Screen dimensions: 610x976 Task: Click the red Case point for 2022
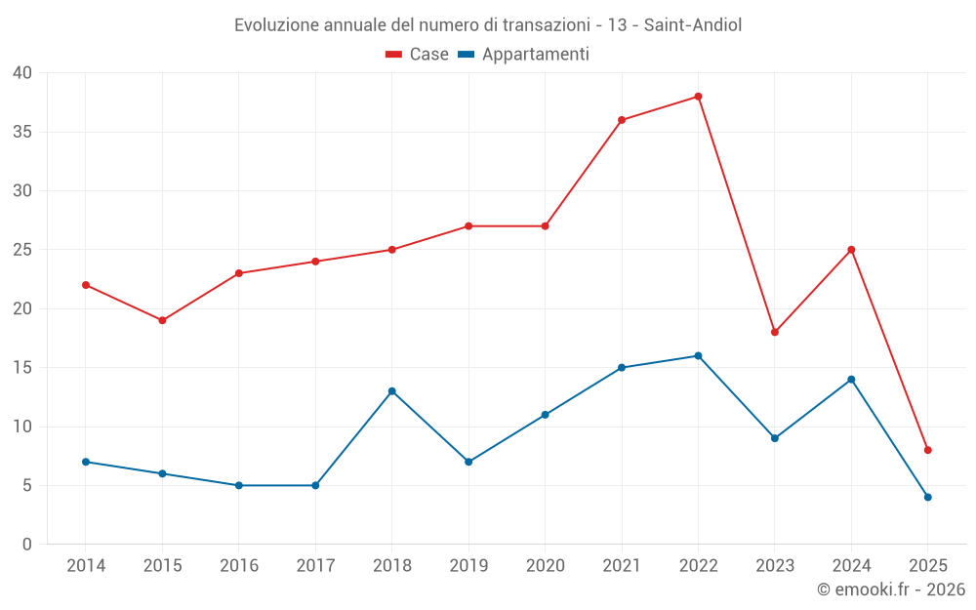click(698, 97)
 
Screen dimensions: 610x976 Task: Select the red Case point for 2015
click(162, 320)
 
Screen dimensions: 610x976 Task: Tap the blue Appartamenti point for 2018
click(391, 391)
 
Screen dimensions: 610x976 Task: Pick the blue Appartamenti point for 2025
click(927, 497)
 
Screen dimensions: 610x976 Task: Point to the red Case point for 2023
click(774, 332)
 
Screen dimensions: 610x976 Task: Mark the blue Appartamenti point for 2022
click(698, 356)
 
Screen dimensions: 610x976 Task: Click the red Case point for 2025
click(927, 450)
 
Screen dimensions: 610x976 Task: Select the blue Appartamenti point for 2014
click(86, 462)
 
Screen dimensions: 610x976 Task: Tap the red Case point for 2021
click(621, 120)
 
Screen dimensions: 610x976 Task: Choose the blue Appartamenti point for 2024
click(851, 380)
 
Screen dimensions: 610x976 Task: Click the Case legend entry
click(417, 55)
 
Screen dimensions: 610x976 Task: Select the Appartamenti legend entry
click(523, 55)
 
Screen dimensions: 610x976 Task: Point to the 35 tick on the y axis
click(22, 132)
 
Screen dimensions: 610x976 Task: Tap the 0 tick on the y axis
click(27, 545)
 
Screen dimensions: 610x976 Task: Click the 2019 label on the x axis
click(468, 566)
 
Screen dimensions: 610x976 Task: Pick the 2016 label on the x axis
click(239, 566)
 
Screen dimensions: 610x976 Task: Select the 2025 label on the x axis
click(927, 566)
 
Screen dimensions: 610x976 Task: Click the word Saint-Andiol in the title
click(693, 25)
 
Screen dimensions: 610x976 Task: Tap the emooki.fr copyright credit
click(891, 590)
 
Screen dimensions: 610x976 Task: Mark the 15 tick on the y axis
click(22, 368)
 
